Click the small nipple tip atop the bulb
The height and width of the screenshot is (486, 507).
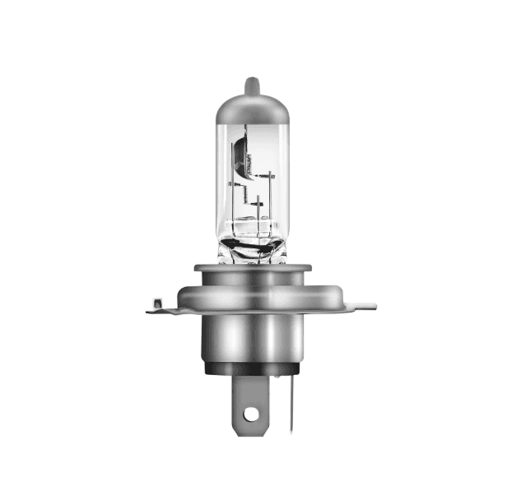pyautogui.click(x=253, y=84)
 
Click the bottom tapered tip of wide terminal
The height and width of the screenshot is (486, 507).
pyautogui.click(x=253, y=432)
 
